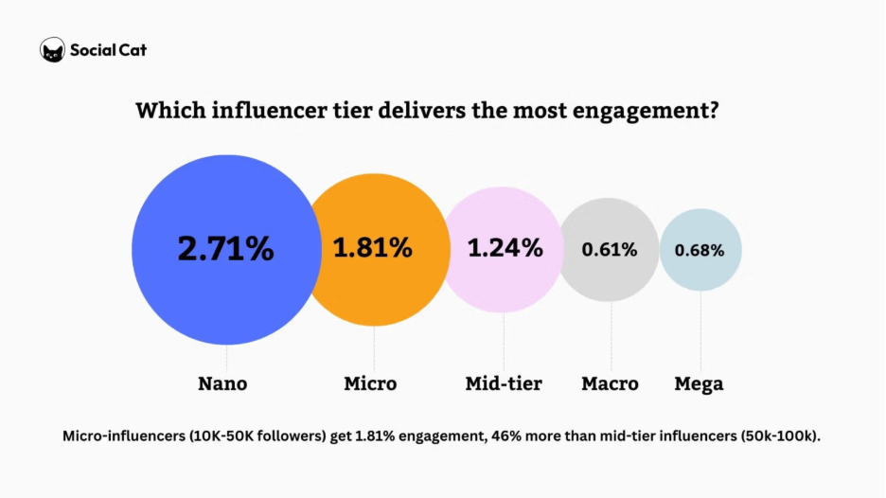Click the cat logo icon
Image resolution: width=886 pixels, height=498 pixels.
coord(53,50)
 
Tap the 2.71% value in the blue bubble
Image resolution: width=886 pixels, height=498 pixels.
coord(225,249)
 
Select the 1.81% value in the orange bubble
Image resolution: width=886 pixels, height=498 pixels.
coord(372,248)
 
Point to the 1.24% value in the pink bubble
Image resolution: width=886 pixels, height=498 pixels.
coord(505,248)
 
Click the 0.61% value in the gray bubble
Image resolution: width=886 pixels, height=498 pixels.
coord(609,250)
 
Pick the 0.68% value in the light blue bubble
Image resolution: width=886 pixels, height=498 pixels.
coord(700,251)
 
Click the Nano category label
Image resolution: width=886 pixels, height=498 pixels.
coord(222,383)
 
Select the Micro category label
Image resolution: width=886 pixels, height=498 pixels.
coord(370,383)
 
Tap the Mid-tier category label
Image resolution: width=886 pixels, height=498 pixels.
coord(504,383)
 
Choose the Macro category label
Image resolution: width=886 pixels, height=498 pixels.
coord(610,383)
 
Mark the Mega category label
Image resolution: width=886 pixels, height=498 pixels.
coord(699,383)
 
